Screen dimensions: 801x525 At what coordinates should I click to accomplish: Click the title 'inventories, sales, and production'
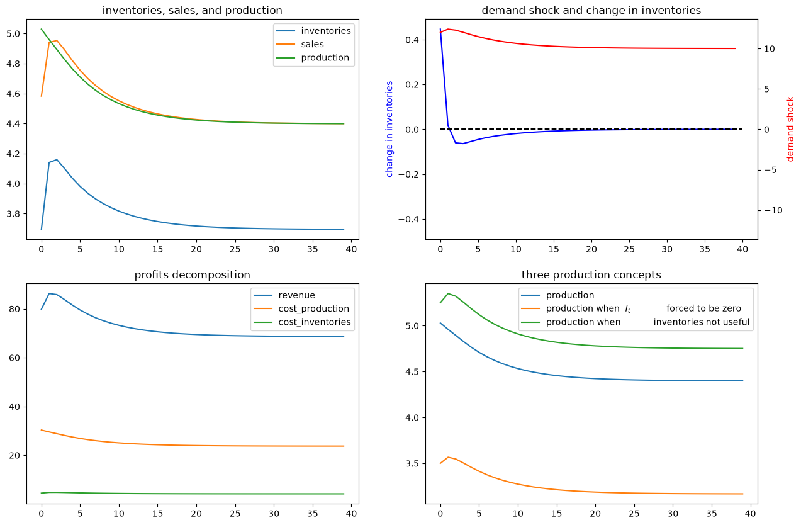(192, 10)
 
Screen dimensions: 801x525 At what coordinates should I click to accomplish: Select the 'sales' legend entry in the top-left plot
(312, 44)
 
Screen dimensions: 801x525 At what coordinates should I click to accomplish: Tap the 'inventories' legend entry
(326, 31)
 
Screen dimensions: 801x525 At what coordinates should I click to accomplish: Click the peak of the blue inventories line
(57, 159)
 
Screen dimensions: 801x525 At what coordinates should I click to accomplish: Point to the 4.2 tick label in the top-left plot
(14, 154)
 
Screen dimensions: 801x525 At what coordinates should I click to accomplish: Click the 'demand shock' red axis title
(790, 129)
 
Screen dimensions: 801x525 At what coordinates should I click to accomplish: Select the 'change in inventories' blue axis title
(389, 129)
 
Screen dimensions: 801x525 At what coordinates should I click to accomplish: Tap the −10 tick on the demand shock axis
(773, 210)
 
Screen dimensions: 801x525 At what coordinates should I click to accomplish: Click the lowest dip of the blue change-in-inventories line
(463, 144)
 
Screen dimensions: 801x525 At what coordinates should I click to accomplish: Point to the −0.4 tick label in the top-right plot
(409, 219)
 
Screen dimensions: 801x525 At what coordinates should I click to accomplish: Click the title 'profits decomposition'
(192, 274)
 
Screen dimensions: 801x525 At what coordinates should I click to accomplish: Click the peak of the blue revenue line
(49, 293)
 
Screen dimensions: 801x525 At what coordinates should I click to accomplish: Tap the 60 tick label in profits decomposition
(14, 358)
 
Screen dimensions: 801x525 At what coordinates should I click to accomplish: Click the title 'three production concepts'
(591, 274)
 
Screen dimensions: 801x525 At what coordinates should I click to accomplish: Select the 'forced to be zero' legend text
(703, 308)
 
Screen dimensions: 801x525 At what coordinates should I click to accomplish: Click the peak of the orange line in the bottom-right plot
(448, 457)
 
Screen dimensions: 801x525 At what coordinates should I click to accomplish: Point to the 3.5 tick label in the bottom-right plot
(412, 463)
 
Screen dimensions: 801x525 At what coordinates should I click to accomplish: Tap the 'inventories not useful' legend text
(701, 322)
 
